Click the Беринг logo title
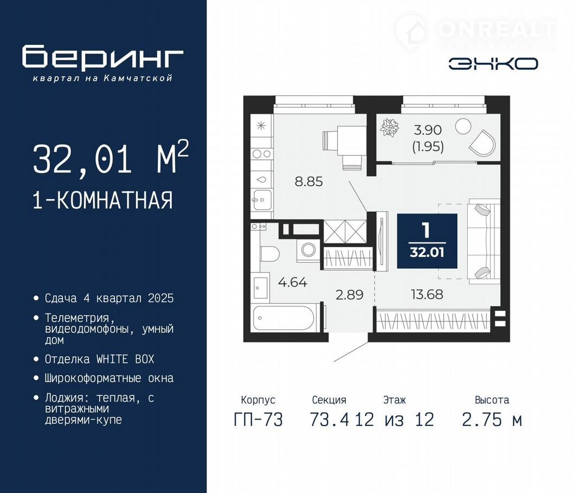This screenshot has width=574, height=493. pos(102,57)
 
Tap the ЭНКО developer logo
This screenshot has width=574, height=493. pos(493,64)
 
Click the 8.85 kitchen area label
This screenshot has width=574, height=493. pos(308,181)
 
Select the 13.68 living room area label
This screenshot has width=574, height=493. pos(427,294)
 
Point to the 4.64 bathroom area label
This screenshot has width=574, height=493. pos(293,282)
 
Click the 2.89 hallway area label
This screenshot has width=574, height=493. pos(349,295)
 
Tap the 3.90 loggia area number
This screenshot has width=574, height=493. pos(428,130)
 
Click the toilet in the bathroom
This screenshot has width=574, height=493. pos(270,254)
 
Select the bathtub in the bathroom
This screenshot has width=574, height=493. pos(283,317)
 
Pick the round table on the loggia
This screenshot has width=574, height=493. pos(463,126)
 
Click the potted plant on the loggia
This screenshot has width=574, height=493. pos(389,127)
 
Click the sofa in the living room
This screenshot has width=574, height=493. pos(483,242)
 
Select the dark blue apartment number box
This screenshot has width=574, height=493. pos(427,241)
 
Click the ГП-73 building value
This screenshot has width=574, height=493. pos(258,420)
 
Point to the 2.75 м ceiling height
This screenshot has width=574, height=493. pos(492,420)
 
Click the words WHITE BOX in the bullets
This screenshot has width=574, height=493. pos(125,359)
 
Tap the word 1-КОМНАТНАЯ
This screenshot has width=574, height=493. pos(102,200)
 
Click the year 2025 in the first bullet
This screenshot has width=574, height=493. pos(160,299)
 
